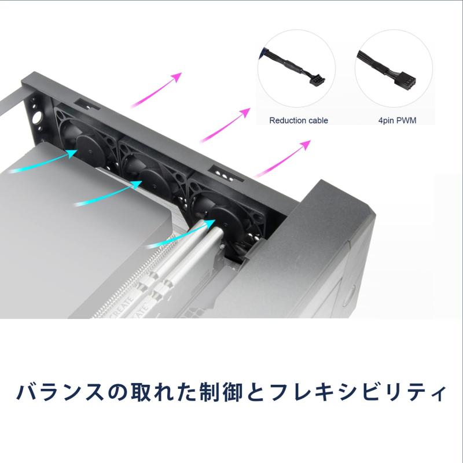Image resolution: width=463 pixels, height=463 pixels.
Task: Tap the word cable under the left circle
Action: point(317,121)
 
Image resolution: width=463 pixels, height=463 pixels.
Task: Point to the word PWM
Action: point(407,121)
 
